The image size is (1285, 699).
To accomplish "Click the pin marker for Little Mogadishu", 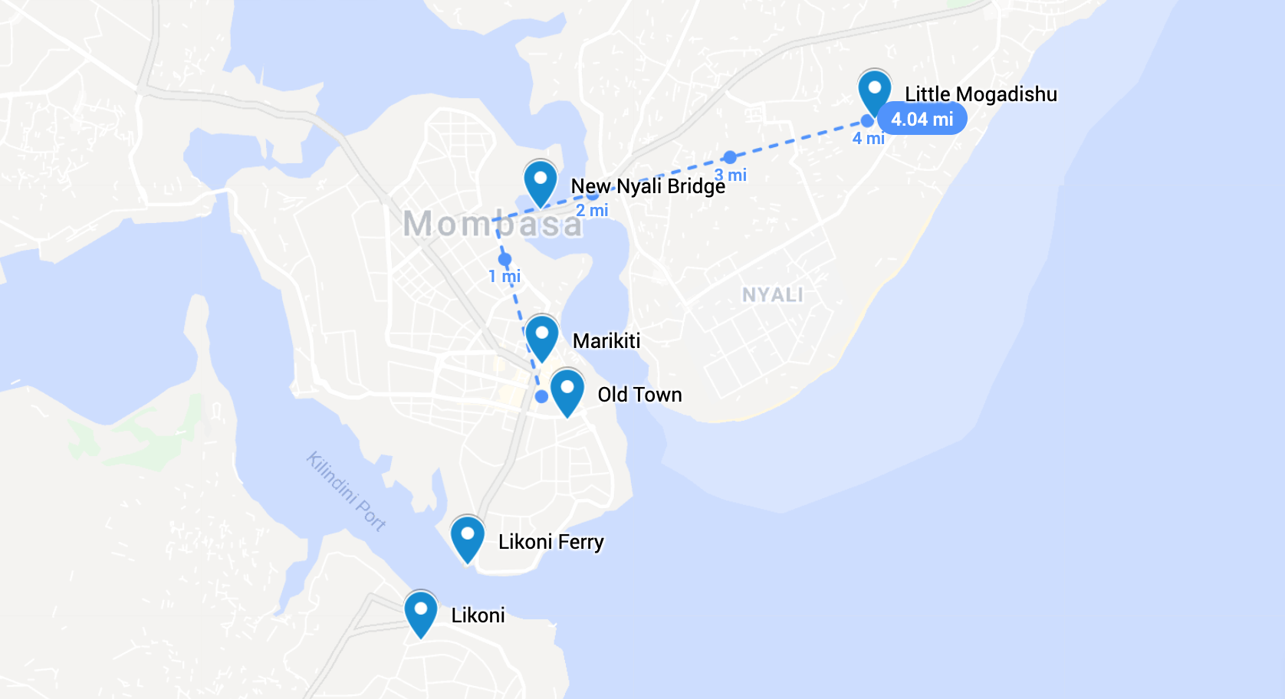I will pos(874,90).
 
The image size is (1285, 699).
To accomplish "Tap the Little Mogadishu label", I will pos(981,94).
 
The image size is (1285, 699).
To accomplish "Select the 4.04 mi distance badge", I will pos(922,120).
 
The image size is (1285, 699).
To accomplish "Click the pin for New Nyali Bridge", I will pos(541,182).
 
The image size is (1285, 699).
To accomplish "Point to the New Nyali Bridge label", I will pos(648,186).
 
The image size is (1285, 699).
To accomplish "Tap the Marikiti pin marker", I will pos(542,336).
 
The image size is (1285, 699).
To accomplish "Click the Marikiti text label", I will pos(606,341).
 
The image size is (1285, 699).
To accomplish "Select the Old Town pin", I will pos(567,390).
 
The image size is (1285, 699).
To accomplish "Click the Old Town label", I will pos(639,395).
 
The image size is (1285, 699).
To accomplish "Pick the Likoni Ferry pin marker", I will pos(467,537).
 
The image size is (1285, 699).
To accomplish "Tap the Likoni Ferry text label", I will pos(550,542).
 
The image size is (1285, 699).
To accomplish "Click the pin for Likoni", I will pos(421,612).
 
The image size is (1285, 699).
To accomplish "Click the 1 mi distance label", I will pos(504,276).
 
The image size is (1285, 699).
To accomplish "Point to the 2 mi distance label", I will pos(592,210).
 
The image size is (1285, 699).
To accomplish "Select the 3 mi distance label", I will pos(731,176).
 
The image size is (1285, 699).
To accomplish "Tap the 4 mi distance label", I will pos(868,139).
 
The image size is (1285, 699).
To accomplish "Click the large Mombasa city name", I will pos(492,225).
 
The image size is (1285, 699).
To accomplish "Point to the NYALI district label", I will pos(772,295).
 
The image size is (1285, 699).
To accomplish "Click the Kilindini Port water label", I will pos(347,491).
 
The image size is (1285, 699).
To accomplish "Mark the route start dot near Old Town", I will pos(541,396).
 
